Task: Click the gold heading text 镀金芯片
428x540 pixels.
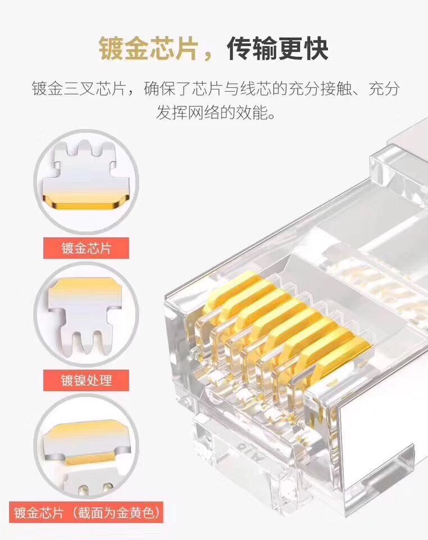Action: click(148, 49)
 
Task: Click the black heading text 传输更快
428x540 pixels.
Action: click(277, 49)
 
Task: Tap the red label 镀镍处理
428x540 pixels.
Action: click(86, 380)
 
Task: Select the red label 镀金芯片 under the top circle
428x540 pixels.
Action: click(86, 248)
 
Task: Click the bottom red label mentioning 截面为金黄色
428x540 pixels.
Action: click(86, 513)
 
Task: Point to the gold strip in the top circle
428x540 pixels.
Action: click(86, 202)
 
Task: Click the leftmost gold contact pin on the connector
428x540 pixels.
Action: click(225, 292)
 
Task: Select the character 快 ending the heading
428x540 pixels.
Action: click(316, 49)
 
